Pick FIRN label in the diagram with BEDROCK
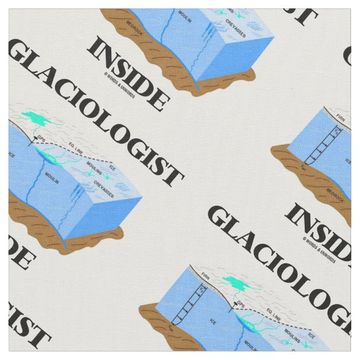point(341,118)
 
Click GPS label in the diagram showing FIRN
point(241,304)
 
